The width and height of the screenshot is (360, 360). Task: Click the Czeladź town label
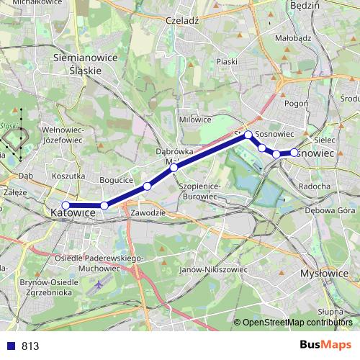tap(181, 21)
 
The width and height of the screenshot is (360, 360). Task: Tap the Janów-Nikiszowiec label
tap(213, 269)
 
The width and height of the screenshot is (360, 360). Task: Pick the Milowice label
tap(195, 120)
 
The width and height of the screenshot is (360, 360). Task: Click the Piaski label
tap(226, 62)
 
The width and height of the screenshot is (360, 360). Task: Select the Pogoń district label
tap(296, 104)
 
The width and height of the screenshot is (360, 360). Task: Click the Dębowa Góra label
tap(326, 211)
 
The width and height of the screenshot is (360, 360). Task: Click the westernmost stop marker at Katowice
tap(66, 205)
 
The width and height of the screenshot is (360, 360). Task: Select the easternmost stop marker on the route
tap(294, 152)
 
